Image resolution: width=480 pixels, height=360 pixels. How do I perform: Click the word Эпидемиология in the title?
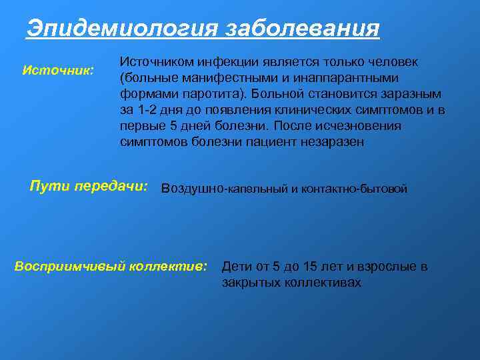tap(122, 29)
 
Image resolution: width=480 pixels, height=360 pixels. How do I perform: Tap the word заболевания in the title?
tap(303, 29)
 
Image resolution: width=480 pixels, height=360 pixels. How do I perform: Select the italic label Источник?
tap(58, 69)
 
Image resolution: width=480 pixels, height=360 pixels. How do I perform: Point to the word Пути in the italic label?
tap(50, 186)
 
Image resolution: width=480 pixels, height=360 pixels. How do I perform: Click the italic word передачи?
tap(111, 186)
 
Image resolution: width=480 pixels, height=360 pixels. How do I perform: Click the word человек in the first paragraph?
tap(395, 62)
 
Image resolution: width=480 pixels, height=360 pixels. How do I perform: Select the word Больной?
tap(275, 94)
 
